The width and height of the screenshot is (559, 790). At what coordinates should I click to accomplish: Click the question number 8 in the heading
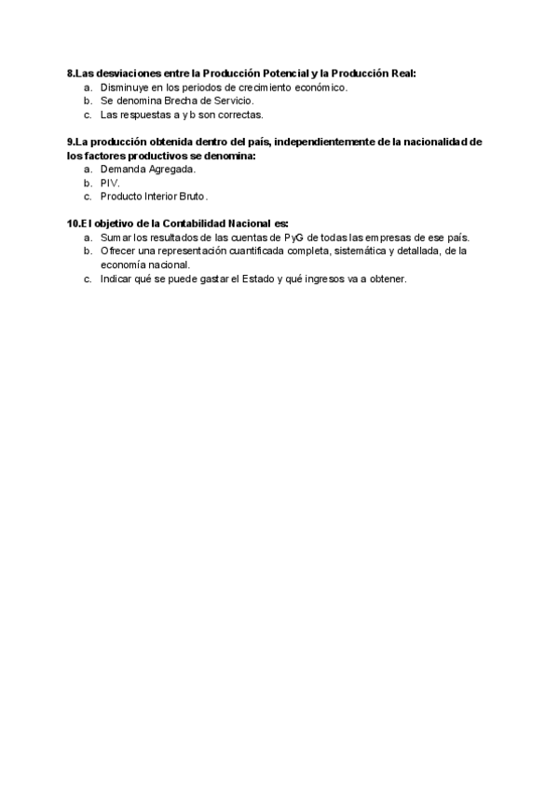(71, 73)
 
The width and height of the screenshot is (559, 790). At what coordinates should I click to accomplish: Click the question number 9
(71, 142)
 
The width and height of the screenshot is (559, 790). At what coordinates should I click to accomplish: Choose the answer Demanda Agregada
(148, 170)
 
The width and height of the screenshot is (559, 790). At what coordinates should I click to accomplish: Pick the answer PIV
(110, 184)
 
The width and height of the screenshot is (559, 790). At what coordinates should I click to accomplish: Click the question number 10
(74, 224)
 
